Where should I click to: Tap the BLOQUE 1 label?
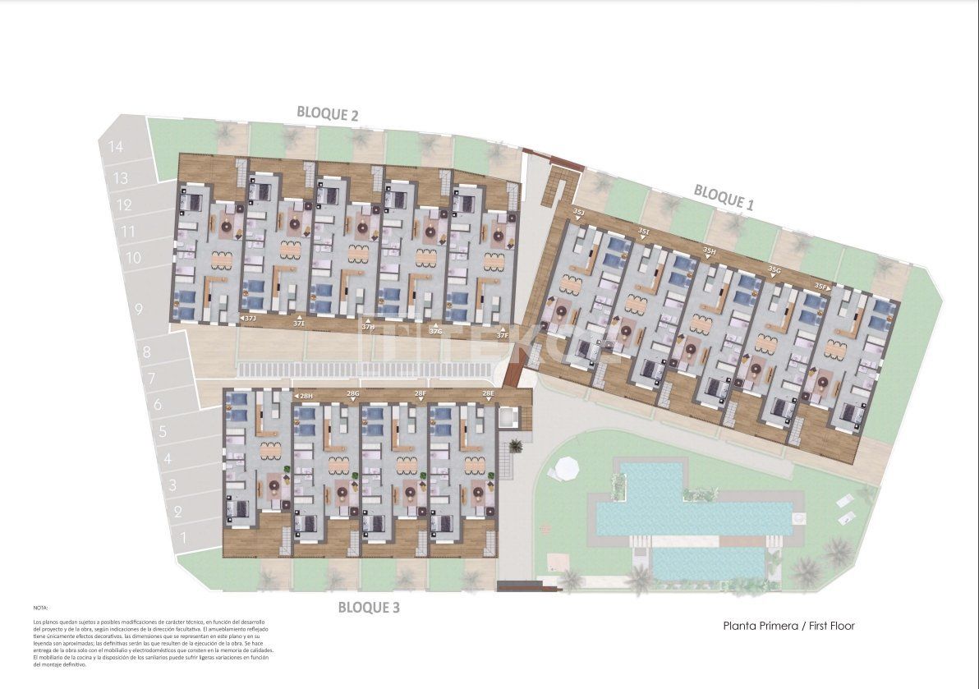[724, 197]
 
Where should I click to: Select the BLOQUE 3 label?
[369, 608]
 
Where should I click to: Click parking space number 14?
[115, 148]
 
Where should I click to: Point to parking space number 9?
[139, 310]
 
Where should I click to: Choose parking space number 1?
[183, 538]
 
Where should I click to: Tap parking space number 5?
[163, 431]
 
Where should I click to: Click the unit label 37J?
[250, 318]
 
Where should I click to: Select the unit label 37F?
[503, 334]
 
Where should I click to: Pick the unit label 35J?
[578, 213]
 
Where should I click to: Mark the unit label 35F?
[820, 286]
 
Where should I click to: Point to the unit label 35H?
[710, 251]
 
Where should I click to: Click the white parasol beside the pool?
[568, 469]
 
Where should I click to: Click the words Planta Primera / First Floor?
[788, 626]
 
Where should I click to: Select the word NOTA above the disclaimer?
[41, 608]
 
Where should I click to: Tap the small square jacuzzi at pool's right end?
[796, 517]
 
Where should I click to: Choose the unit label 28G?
[352, 394]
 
